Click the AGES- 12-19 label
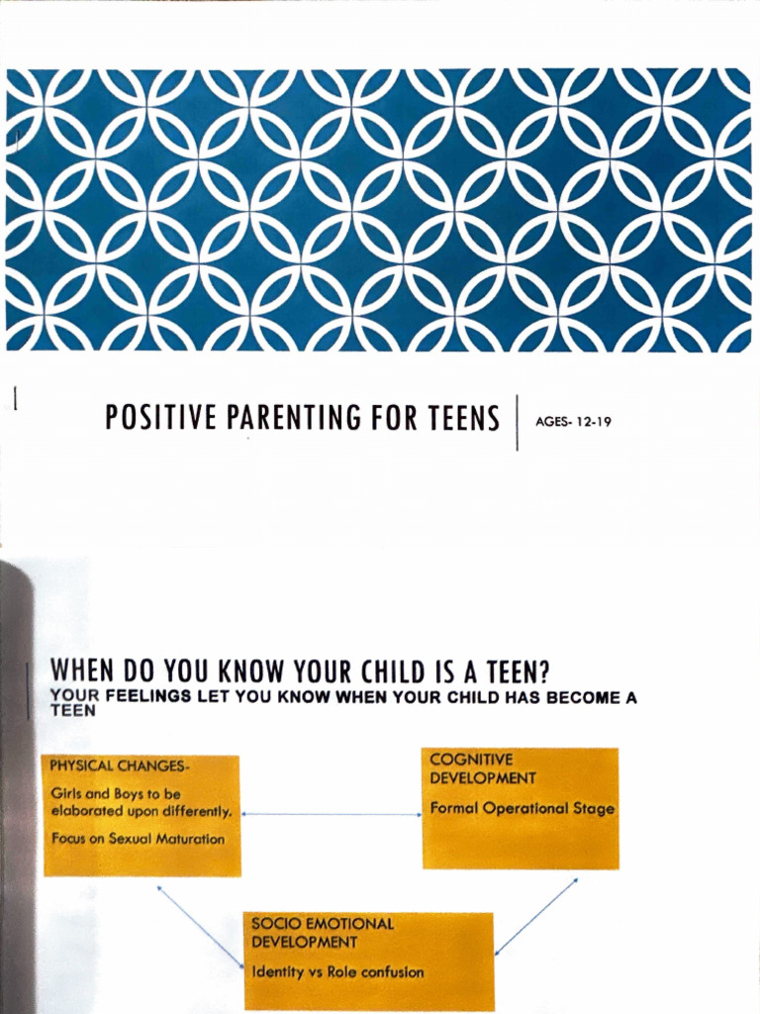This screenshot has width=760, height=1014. point(573,422)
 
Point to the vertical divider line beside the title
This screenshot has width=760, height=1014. point(517,422)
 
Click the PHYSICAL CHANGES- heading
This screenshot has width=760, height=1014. point(120,766)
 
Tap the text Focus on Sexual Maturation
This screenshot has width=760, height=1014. point(138,839)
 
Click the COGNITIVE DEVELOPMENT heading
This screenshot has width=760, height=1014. point(482,769)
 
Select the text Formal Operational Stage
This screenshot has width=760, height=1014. point(522,808)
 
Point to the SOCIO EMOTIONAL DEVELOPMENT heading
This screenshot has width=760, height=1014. point(322,932)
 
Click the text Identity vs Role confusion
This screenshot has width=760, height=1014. point(337,972)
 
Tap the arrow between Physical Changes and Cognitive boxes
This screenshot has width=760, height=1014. point(332,815)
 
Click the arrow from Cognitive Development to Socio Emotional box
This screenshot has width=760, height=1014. point(535,917)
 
